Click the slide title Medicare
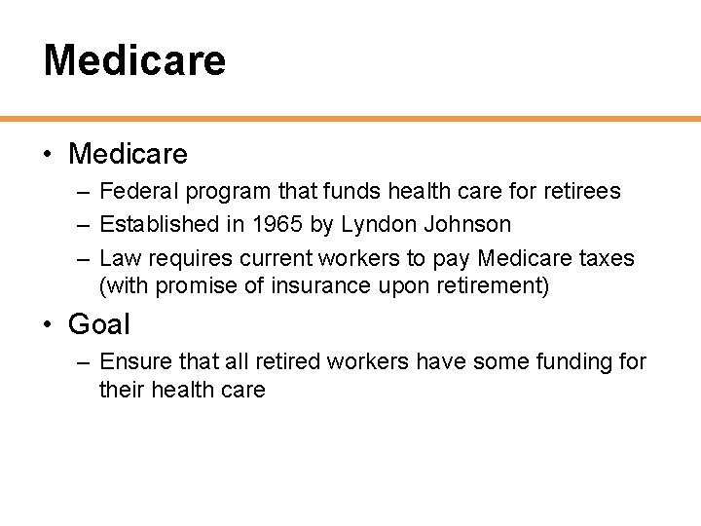tap(134, 59)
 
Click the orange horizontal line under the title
tap(350, 119)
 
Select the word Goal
tap(98, 323)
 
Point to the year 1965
tap(277, 224)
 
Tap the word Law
tap(121, 258)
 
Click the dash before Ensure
tap(82, 362)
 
